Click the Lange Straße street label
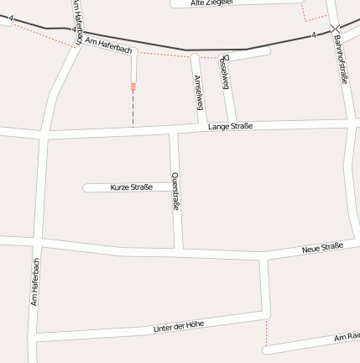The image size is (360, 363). pyautogui.click(x=231, y=126)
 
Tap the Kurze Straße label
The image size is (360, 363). pyautogui.click(x=132, y=187)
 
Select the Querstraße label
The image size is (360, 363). pyautogui.click(x=175, y=192)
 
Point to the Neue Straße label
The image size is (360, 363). pyautogui.click(x=323, y=247)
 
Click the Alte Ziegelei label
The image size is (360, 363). pyautogui.click(x=211, y=3)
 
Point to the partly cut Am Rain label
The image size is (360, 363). pyautogui.click(x=347, y=336)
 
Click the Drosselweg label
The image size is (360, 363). pyautogui.click(x=223, y=73)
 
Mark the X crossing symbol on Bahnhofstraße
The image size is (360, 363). pyautogui.click(x=335, y=29)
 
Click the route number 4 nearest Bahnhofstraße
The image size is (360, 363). pyautogui.click(x=313, y=35)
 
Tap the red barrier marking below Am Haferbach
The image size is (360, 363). pyautogui.click(x=133, y=86)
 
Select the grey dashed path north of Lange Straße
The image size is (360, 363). pyautogui.click(x=133, y=109)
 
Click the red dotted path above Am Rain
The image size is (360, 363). pyautogui.click(x=266, y=334)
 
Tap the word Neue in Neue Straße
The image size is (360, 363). pyautogui.click(x=312, y=249)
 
